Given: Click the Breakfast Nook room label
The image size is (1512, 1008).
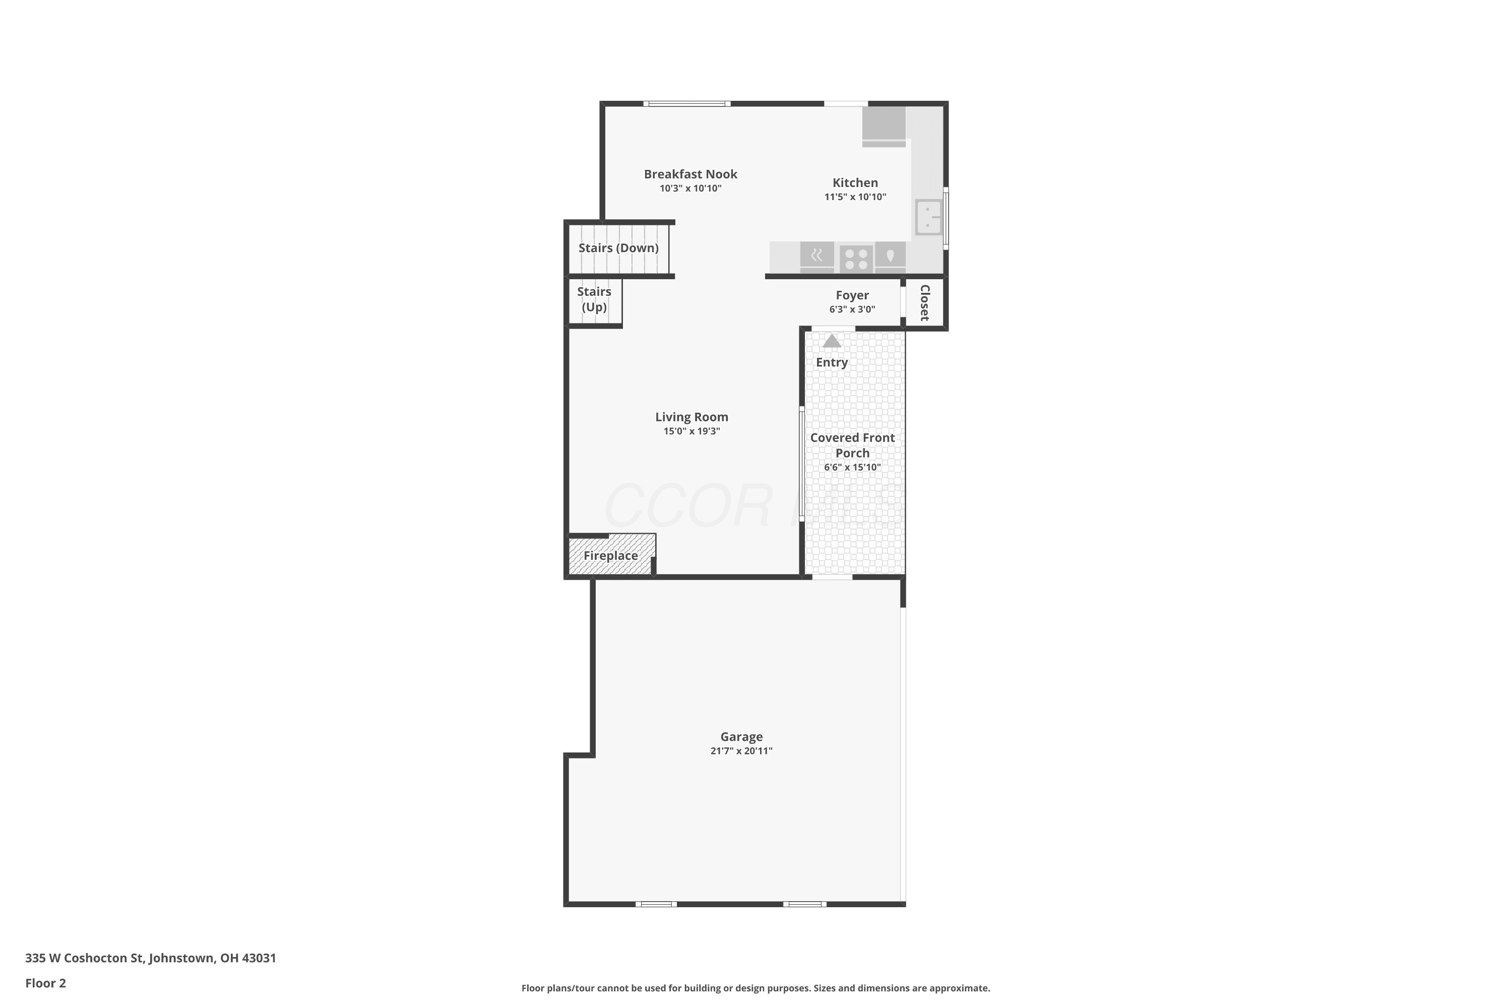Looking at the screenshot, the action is pyautogui.click(x=690, y=174).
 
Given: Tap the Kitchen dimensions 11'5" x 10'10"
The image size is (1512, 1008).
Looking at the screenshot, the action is pyautogui.click(x=855, y=197).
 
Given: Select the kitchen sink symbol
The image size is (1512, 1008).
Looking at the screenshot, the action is pyautogui.click(x=929, y=217).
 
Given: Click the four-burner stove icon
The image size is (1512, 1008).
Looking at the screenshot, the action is pyautogui.click(x=856, y=259).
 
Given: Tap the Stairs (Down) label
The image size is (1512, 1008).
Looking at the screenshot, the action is pyautogui.click(x=618, y=248).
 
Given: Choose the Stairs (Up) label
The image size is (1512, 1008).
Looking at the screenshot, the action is pyautogui.click(x=594, y=299).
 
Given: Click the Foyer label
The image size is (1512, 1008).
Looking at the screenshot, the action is pyautogui.click(x=852, y=295).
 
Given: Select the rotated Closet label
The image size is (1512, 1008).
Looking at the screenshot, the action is pyautogui.click(x=925, y=303).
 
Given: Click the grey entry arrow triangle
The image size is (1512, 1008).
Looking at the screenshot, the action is pyautogui.click(x=832, y=341).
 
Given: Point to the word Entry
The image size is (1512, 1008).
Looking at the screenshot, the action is pyautogui.click(x=832, y=362).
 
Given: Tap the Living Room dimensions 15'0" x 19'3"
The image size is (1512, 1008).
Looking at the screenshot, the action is pyautogui.click(x=691, y=431).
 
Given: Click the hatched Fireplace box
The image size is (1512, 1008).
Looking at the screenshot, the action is pyautogui.click(x=611, y=555).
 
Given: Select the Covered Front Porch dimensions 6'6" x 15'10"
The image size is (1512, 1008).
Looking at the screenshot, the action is pyautogui.click(x=852, y=467).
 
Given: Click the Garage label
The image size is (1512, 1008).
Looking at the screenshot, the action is pyautogui.click(x=741, y=737).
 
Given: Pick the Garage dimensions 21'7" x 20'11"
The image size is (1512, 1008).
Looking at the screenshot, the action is pyautogui.click(x=741, y=751).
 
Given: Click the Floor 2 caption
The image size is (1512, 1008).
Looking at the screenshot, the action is pyautogui.click(x=46, y=983).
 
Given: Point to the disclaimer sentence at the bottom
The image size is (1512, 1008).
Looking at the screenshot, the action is pyautogui.click(x=755, y=988).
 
